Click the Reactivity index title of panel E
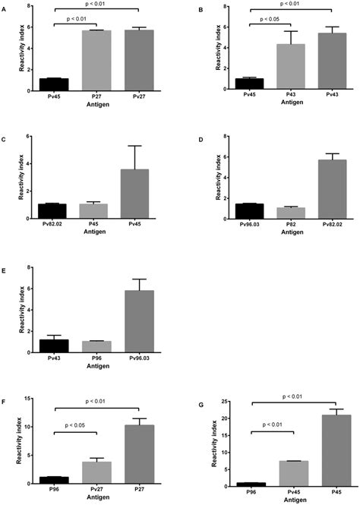point(13,310)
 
